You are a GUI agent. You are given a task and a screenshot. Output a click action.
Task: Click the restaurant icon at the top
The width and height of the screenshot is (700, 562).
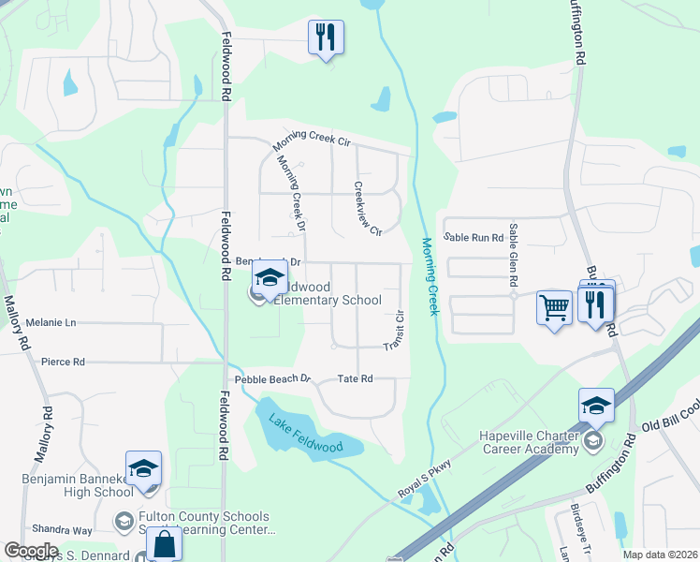326,37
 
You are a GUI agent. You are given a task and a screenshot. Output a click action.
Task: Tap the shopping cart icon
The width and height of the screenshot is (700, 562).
554,306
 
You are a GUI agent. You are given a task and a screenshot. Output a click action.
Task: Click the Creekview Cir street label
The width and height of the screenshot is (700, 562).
368,208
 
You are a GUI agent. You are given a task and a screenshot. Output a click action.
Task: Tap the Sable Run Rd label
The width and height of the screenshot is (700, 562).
474,238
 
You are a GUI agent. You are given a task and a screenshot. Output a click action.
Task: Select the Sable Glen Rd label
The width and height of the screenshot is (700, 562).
514,255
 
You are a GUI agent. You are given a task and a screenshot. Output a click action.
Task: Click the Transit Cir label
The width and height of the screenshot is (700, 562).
393,332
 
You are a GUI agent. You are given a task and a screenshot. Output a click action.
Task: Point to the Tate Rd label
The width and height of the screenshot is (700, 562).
355,378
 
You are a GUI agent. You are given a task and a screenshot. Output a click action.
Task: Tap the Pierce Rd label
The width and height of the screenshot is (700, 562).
64,361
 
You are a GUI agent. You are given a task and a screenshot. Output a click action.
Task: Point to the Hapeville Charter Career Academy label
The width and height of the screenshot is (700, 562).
528,442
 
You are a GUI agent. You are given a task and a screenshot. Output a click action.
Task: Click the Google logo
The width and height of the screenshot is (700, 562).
31,551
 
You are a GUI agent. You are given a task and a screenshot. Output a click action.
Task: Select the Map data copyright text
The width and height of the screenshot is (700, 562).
661,555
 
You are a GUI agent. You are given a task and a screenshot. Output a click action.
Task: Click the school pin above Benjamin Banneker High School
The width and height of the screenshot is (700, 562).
143,468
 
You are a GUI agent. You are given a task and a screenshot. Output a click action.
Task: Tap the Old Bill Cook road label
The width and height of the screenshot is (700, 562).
669,415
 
